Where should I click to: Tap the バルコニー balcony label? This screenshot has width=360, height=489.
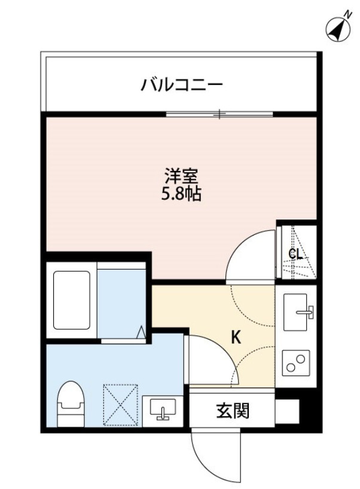[182, 85]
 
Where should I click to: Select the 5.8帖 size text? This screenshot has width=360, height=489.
[181, 194]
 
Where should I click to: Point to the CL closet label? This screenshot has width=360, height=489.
[295, 253]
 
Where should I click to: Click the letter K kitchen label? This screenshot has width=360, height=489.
[236, 338]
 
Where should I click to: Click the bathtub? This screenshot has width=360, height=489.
[72, 298]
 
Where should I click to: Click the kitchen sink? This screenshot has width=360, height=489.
[297, 312]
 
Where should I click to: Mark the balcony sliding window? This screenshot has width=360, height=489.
[219, 113]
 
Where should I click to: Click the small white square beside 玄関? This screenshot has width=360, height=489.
[286, 411]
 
